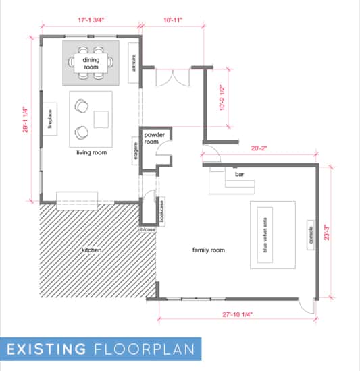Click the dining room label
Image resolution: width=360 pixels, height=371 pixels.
click(91, 63)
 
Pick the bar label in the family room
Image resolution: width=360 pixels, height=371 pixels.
click(239, 174)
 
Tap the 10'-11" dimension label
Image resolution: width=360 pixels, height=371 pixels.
click(173, 20)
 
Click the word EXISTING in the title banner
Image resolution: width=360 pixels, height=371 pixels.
click(47, 349)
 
